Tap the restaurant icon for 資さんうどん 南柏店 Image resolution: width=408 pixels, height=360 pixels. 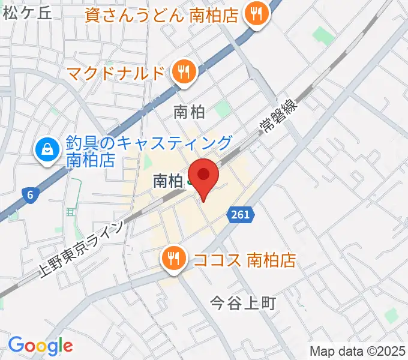coord(257,16)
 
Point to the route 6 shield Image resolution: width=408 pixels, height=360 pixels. coord(29,194)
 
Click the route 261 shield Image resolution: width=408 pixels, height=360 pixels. coord(239,214)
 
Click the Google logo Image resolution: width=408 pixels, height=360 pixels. coord(40,345)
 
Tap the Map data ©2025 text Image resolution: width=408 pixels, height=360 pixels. coord(357,351)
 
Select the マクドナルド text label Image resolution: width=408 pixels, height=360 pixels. coord(115,73)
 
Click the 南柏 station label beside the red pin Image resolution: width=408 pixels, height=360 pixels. coord(167,181)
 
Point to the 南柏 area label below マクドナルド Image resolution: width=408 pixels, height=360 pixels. coord(189,112)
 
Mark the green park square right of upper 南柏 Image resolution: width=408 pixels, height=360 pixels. coord(223,109)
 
